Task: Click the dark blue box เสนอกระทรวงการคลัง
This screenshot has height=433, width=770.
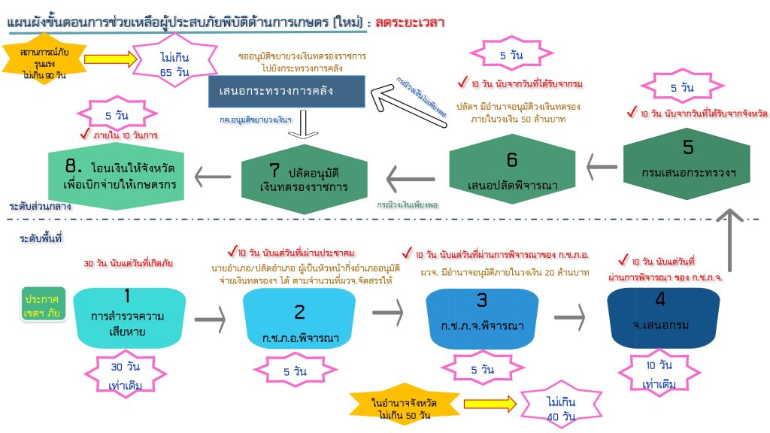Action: click(x=286, y=91)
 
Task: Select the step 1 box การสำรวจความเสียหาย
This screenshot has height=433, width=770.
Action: click(x=129, y=318)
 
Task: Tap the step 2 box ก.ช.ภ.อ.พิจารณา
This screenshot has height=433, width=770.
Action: click(x=299, y=319)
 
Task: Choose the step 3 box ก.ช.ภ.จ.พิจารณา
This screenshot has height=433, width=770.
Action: click(x=482, y=319)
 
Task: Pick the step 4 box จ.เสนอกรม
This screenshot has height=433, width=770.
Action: click(x=663, y=318)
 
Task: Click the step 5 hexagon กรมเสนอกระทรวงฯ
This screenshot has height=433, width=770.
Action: click(x=687, y=163)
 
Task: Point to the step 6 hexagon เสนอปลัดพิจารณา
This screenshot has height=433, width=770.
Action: click(x=512, y=169)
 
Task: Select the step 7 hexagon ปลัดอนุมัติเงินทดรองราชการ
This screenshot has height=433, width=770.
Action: click(x=305, y=179)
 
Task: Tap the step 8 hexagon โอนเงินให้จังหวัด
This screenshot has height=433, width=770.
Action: click(x=117, y=176)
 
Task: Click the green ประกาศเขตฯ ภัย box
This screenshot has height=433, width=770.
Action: click(x=43, y=304)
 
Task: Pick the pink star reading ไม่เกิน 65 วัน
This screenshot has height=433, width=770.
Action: click(x=174, y=61)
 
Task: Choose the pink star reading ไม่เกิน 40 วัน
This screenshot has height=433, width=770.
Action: click(x=561, y=405)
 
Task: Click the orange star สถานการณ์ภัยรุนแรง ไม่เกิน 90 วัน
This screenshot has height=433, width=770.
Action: click(x=44, y=59)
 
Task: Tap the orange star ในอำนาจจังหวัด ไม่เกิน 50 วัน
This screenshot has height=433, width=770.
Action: click(x=405, y=404)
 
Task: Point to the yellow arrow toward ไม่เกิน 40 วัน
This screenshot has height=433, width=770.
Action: click(x=490, y=404)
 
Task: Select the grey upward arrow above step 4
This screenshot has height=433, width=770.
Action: click(x=729, y=240)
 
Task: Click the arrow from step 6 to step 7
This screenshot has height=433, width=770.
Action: click(x=411, y=179)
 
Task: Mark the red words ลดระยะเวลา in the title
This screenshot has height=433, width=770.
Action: click(x=410, y=23)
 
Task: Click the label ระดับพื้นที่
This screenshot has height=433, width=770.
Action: click(x=41, y=238)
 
